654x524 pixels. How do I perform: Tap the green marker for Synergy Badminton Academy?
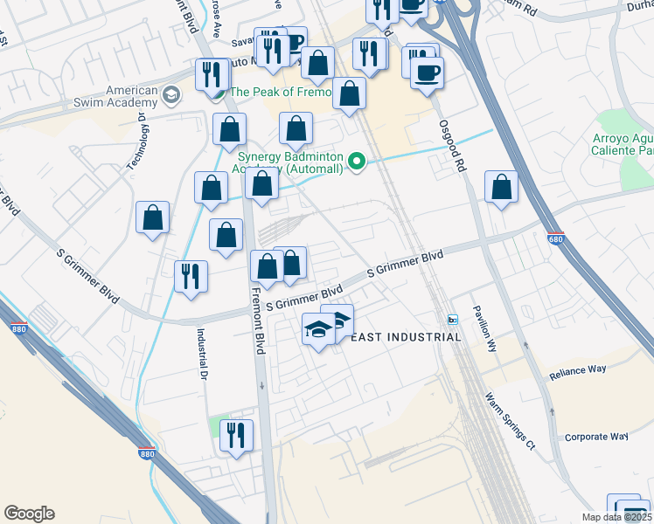pyautogui.click(x=356, y=162)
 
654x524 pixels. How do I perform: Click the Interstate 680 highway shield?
pyautogui.click(x=555, y=238)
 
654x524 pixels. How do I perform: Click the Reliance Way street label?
pyautogui.click(x=577, y=370)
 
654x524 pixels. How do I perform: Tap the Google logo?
pyautogui.click(x=29, y=514)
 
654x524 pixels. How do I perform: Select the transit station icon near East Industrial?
pyautogui.click(x=453, y=319)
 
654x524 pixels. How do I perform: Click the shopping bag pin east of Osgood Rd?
pyautogui.click(x=501, y=187)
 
